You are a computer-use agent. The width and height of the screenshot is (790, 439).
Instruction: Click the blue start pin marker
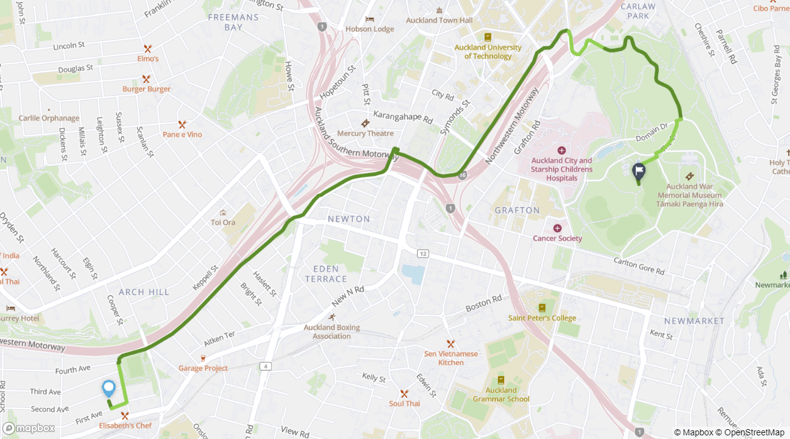(109, 388)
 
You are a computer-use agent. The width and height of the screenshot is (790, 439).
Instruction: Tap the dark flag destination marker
(639, 171)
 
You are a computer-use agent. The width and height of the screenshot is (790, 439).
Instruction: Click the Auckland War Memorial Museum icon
(690, 176)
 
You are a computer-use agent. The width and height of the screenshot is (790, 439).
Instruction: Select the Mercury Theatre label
(366, 134)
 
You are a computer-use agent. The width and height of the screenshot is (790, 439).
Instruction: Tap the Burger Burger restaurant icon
(146, 79)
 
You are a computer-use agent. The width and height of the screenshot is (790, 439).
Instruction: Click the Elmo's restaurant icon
(148, 48)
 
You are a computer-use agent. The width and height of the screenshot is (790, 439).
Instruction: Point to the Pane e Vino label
(182, 134)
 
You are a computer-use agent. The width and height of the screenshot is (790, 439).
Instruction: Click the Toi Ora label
(223, 223)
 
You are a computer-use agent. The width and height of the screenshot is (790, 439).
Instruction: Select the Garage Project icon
(203, 358)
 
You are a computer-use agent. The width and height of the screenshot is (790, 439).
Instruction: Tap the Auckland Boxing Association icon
(332, 317)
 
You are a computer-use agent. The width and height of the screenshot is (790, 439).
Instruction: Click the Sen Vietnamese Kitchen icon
(450, 344)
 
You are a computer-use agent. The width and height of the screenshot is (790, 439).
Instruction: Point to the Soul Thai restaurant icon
(404, 393)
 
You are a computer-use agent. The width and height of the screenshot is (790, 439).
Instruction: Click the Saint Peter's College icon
(542, 308)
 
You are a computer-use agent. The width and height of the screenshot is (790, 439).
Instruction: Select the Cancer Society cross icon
(557, 228)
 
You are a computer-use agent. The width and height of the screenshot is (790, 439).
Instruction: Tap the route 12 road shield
(422, 253)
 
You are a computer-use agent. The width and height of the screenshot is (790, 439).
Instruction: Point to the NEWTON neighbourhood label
(349, 219)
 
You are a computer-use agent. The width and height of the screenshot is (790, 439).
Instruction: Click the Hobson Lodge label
(369, 29)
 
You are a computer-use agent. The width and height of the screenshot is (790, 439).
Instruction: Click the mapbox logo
(29, 428)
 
